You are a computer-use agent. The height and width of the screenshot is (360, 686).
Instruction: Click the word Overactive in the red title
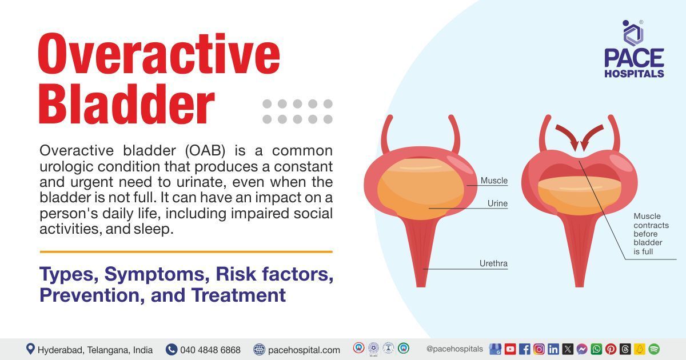tap(159, 55)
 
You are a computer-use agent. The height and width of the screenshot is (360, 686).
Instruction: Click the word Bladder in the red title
tap(126, 105)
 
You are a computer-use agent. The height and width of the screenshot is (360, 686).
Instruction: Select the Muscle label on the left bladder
tap(493, 181)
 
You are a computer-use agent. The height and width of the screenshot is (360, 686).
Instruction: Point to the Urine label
tap(497, 203)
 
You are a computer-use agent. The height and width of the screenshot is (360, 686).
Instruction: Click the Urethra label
tap(493, 263)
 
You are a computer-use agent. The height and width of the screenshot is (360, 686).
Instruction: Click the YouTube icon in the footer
tap(510, 349)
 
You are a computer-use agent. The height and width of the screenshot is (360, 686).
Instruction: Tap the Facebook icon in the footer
tap(524, 349)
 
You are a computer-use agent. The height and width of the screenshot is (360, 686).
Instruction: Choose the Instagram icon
tap(539, 349)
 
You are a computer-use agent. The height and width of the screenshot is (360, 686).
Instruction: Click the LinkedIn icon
tap(553, 349)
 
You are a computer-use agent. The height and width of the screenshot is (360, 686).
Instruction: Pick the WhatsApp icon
tap(596, 349)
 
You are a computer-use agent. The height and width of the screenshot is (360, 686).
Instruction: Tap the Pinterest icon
tap(611, 349)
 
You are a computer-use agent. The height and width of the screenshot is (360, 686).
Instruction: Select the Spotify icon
tap(654, 349)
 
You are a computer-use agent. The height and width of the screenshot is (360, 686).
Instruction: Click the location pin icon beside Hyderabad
tap(30, 349)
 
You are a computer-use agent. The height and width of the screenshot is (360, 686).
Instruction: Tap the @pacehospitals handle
tap(454, 349)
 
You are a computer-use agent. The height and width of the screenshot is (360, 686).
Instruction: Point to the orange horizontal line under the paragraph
tap(186, 251)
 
